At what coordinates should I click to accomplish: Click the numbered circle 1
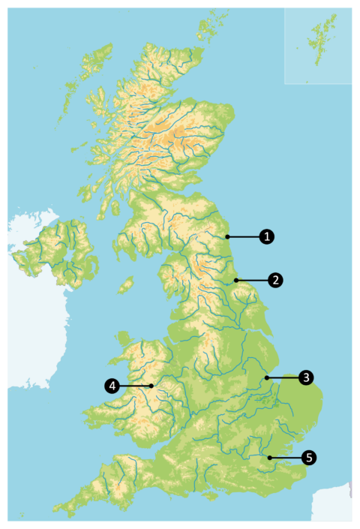pos(266,237)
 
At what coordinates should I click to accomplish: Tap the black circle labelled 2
pos(276,280)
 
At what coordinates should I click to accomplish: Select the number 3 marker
pos(305,377)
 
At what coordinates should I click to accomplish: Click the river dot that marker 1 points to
pos(225,237)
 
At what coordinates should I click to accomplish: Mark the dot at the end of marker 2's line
pos(235,280)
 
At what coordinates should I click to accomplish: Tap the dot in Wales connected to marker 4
pos(151,386)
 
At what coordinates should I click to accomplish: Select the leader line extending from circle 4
pos(135,386)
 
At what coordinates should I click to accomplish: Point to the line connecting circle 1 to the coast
pos(243,237)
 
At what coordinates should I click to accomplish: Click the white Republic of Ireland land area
pos(30,315)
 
